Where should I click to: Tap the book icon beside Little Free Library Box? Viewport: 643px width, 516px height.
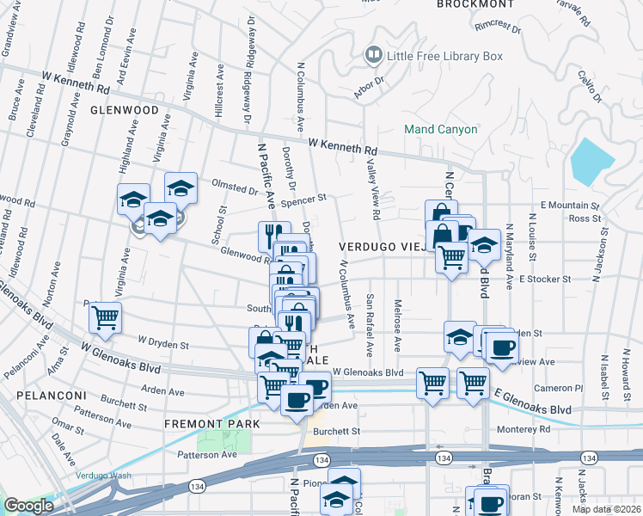[374, 57]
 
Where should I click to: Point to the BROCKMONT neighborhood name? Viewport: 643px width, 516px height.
[475, 4]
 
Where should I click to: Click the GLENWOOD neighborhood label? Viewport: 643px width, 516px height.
[125, 111]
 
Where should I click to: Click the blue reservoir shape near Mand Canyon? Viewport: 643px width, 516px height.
[592, 161]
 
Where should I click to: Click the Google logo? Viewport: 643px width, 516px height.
[28, 505]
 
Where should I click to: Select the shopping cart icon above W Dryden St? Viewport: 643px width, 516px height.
[106, 318]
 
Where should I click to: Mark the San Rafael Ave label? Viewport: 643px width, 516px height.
[370, 326]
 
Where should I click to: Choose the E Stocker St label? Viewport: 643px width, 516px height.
[545, 279]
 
